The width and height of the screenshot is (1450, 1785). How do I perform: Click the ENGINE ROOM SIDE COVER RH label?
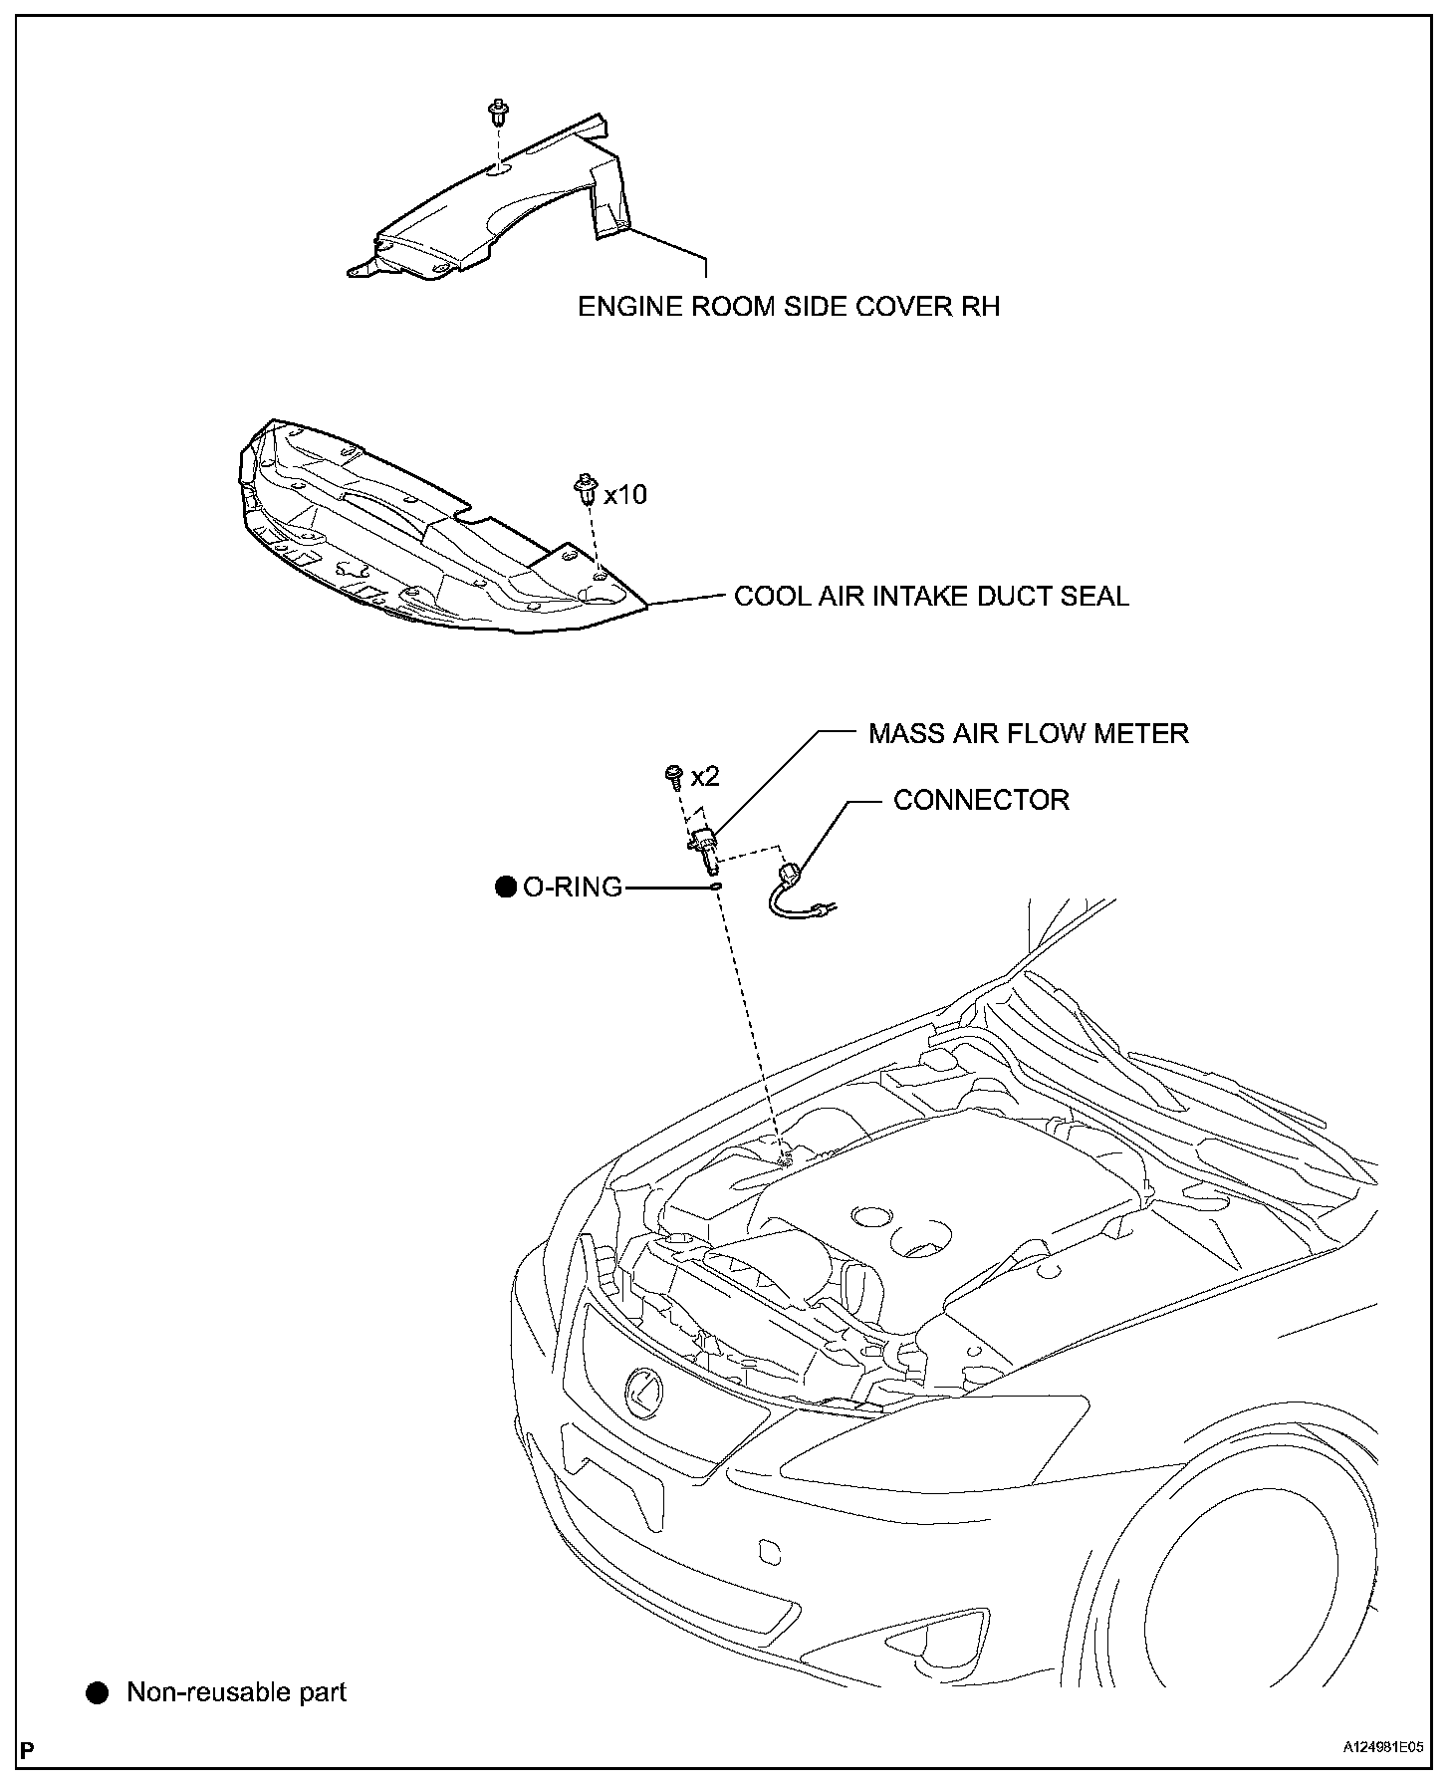point(789,306)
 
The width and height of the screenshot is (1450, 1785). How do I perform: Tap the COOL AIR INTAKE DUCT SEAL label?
point(931,597)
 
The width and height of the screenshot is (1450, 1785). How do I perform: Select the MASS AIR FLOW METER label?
point(1028,734)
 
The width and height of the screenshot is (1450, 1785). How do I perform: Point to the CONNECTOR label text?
point(981,800)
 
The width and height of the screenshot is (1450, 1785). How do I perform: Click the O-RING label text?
point(573,887)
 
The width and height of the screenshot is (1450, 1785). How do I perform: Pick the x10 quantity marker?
point(625,494)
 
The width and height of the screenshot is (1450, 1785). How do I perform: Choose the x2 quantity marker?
point(705,776)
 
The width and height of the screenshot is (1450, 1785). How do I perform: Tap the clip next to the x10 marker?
point(585,489)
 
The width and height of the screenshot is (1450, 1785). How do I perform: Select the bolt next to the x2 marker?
point(673,773)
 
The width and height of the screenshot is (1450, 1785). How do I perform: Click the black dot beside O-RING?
point(506,887)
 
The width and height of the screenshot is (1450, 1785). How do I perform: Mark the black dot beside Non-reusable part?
point(97,1693)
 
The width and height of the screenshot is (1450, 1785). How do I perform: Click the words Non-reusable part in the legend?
point(236,1692)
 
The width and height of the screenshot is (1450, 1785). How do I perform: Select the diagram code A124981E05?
point(1383,1747)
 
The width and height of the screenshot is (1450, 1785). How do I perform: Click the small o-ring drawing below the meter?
point(716,884)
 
